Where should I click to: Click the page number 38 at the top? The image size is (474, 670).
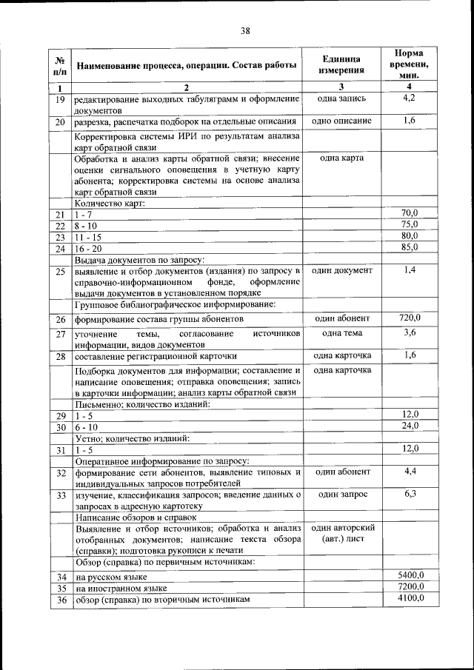point(245,30)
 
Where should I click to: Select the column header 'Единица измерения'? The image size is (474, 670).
point(341,64)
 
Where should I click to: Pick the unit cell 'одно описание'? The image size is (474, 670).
point(341,121)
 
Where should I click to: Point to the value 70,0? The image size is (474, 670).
point(410,213)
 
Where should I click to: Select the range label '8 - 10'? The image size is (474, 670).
point(87,225)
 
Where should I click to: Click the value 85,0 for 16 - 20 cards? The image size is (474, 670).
point(410,247)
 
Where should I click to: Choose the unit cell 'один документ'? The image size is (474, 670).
point(341,271)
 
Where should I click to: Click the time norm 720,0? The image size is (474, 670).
point(410,318)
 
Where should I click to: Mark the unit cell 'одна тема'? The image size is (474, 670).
point(341,334)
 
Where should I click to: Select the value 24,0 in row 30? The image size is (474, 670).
point(410,426)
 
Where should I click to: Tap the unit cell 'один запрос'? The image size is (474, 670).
point(341,494)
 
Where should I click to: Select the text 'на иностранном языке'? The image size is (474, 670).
point(121,587)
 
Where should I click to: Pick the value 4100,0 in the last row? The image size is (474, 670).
point(410,598)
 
